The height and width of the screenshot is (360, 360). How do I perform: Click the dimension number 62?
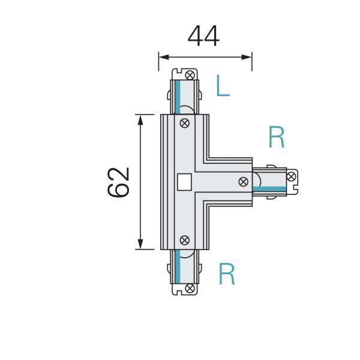click(x=119, y=182)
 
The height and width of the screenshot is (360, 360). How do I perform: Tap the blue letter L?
click(x=223, y=86)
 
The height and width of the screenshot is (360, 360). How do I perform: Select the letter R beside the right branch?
click(x=276, y=138)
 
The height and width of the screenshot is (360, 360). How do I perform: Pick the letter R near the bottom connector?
click(x=227, y=274)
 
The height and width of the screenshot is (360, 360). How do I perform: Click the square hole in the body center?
click(x=185, y=181)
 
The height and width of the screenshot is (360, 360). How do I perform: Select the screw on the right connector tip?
click(x=291, y=176)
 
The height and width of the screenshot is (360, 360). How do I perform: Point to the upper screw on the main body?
click(x=185, y=124)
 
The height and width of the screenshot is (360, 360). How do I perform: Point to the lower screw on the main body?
click(x=185, y=239)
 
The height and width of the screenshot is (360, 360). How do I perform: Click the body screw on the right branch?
click(x=244, y=182)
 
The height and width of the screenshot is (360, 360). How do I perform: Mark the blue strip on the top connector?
click(x=178, y=97)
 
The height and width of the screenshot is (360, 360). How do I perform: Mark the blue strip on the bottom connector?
click(x=178, y=266)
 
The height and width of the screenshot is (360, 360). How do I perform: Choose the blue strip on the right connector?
click(x=269, y=189)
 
